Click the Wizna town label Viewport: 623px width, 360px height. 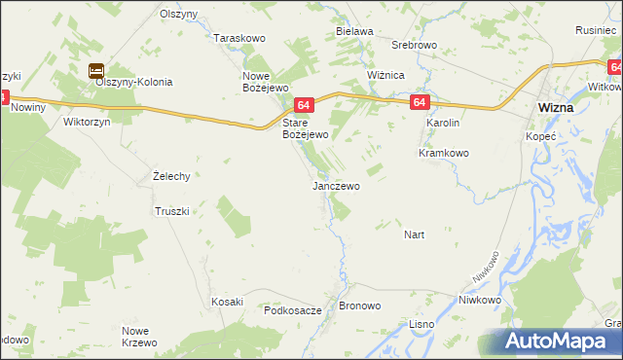(555, 108)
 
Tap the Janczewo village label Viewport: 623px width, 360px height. (336, 185)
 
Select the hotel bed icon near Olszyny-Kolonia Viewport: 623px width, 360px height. (96, 70)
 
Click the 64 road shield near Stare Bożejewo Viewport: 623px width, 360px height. (305, 105)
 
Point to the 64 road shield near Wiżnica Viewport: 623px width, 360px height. (419, 101)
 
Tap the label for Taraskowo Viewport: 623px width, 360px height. (239, 38)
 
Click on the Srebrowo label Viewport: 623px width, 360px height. (414, 46)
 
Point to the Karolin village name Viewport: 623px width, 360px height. (442, 124)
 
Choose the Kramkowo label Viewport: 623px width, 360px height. (444, 153)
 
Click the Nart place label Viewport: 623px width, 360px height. (414, 234)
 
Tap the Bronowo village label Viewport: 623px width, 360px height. (359, 306)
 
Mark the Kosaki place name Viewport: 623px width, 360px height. (227, 302)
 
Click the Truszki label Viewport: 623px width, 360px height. (170, 210)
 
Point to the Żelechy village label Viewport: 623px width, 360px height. (170, 176)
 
